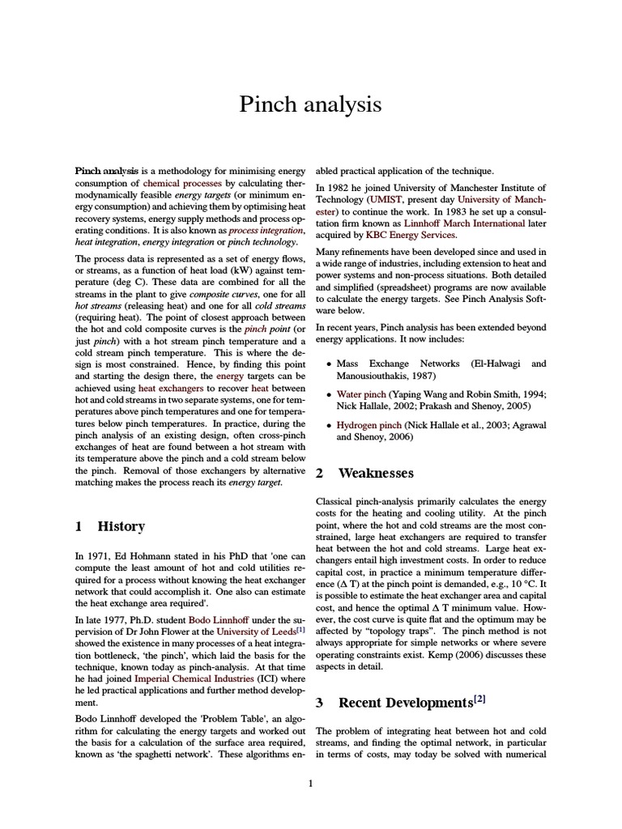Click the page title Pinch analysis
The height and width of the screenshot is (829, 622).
pyautogui.click(x=310, y=104)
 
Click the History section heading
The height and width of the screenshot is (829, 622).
pyautogui.click(x=121, y=526)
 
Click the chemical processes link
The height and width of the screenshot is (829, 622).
pyautogui.click(x=184, y=184)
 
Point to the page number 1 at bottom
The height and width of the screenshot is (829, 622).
pyautogui.click(x=311, y=783)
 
